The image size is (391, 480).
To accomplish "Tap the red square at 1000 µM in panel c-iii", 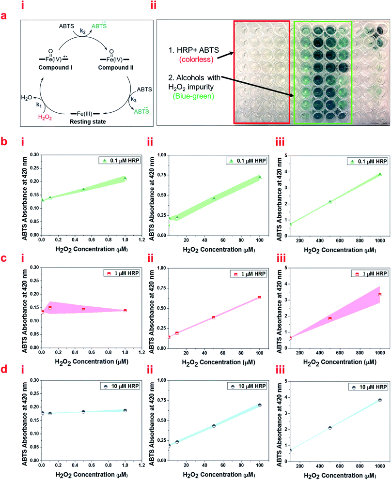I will [x=380, y=294].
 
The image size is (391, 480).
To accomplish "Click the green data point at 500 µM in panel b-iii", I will [x=330, y=201].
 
